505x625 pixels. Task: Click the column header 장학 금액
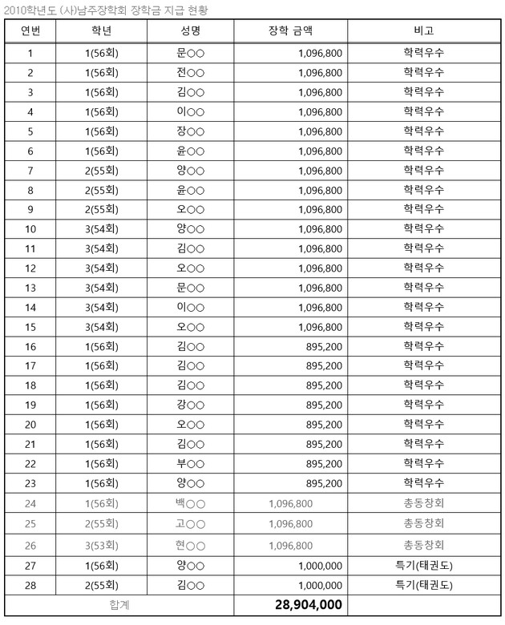pyautogui.click(x=290, y=31)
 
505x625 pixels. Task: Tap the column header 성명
pyautogui.click(x=190, y=31)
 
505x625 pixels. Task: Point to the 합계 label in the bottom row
pyautogui.click(x=119, y=604)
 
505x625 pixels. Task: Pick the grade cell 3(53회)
pyautogui.click(x=102, y=545)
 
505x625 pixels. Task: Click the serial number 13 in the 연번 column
pyautogui.click(x=30, y=288)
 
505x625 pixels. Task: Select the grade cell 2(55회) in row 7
pyautogui.click(x=102, y=170)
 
